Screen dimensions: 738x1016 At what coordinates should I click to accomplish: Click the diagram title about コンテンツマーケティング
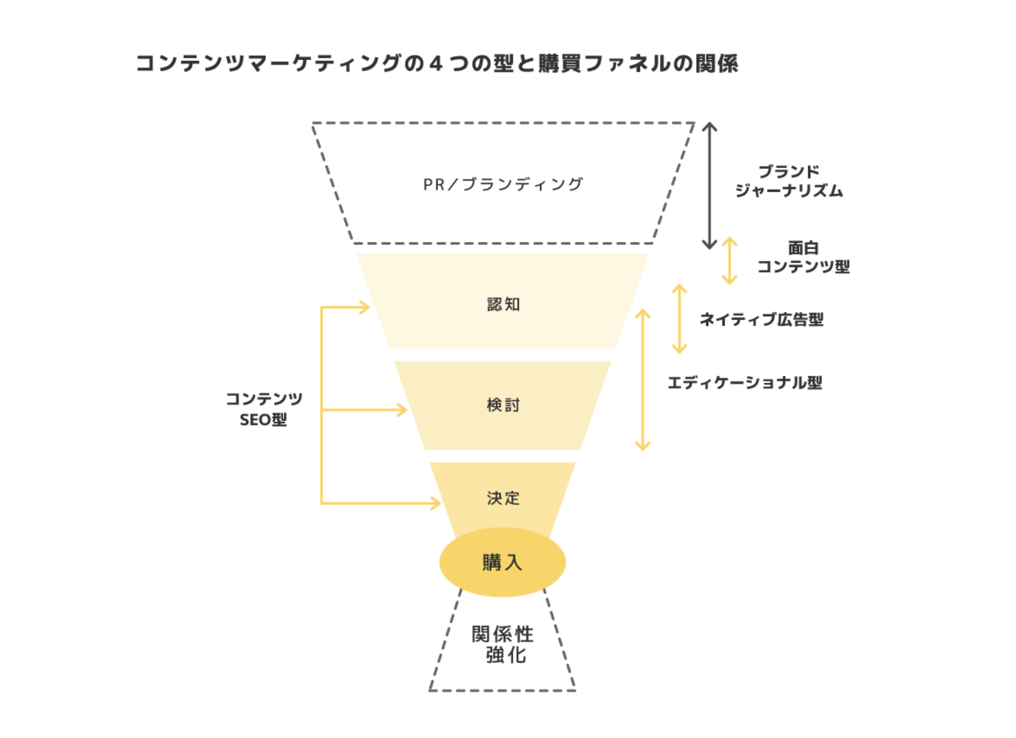point(436,63)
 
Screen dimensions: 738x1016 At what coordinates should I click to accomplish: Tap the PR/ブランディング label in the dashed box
point(503,184)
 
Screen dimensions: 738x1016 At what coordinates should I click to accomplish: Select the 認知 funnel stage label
point(503,305)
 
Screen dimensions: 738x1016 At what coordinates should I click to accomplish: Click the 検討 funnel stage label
point(503,405)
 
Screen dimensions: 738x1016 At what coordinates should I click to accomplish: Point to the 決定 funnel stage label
point(503,498)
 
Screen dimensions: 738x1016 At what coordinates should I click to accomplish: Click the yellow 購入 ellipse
point(502,562)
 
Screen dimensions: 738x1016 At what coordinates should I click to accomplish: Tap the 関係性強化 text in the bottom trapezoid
point(503,645)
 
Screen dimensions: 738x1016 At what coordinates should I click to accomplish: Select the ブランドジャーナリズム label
point(789,181)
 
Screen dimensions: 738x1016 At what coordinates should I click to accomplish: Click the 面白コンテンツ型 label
point(803,257)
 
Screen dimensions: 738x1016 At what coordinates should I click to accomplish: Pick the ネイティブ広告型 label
point(762,319)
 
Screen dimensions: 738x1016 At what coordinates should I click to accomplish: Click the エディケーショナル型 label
point(744,383)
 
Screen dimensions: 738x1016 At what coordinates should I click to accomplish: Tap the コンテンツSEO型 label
point(264,409)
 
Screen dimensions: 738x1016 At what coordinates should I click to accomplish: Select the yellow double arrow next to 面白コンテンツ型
point(729,261)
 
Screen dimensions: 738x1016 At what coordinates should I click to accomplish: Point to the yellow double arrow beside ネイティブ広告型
point(679,319)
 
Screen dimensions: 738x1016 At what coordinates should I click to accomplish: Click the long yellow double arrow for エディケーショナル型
point(643,379)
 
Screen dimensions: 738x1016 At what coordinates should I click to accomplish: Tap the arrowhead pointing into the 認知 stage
point(364,307)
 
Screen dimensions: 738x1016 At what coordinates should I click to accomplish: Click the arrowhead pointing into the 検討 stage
point(401,410)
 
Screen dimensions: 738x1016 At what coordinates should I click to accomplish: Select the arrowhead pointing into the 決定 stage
point(436,503)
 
